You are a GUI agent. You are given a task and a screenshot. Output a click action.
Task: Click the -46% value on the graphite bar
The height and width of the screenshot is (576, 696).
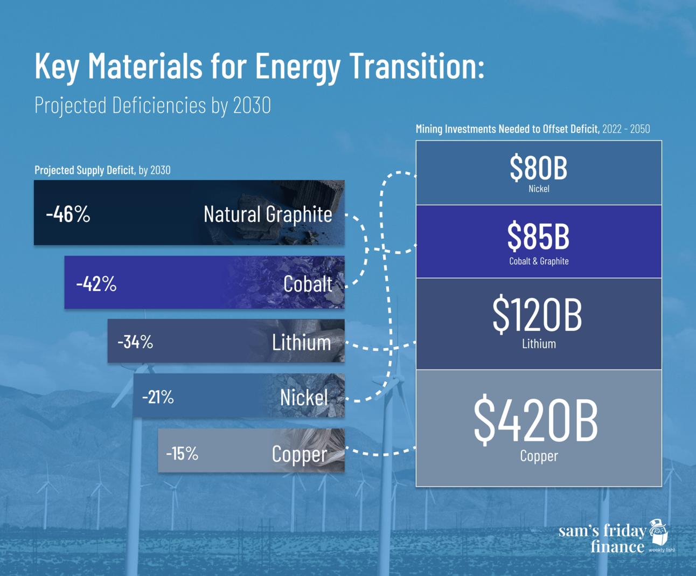[68, 214]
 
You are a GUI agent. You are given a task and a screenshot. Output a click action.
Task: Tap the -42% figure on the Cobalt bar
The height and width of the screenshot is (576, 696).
[96, 283]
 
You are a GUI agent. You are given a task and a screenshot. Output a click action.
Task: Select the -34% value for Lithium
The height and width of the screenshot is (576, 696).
[135, 342]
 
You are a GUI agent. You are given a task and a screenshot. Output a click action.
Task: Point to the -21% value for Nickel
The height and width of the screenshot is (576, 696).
[158, 397]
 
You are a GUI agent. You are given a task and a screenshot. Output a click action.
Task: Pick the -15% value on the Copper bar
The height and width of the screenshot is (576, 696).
[182, 453]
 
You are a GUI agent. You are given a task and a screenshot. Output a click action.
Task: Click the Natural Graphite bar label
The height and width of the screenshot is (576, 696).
[268, 214]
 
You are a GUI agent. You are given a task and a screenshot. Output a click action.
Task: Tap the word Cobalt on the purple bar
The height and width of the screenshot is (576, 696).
[308, 284]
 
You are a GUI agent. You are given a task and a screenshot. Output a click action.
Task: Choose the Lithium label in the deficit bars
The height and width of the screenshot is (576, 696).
[301, 343]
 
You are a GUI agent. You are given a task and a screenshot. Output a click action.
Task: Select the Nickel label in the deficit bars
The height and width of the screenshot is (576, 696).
[304, 398]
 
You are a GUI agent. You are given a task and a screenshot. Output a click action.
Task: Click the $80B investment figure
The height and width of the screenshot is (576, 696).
[538, 168]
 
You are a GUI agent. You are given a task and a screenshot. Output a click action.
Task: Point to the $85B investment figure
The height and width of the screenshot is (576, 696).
[538, 237]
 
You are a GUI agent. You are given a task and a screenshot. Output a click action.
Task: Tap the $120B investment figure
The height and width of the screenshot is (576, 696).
[537, 315]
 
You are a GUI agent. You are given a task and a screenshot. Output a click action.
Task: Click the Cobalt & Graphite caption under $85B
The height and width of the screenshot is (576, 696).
[539, 261]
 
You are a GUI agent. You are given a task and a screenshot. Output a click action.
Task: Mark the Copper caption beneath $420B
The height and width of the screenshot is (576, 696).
[539, 456]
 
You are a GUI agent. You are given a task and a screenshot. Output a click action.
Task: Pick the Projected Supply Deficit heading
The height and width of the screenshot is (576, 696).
[84, 170]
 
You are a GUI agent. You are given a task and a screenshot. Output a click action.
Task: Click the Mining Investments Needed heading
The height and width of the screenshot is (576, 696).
[507, 129]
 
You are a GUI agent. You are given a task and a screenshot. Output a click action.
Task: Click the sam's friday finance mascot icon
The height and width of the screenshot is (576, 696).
[658, 533]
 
